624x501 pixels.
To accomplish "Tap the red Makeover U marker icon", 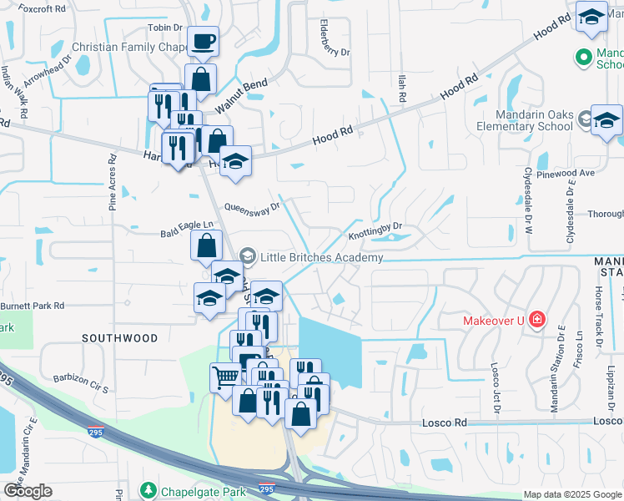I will [537, 319].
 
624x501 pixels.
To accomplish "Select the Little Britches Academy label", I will [321, 257].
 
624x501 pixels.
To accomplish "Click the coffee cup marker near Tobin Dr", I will [201, 42].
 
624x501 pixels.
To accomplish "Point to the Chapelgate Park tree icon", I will [148, 488].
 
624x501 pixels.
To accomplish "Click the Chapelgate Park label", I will [194, 488].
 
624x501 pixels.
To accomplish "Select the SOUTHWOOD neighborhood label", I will [119, 338].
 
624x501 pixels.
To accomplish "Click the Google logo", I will [28, 491].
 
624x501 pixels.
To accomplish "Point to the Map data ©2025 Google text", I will [571, 494].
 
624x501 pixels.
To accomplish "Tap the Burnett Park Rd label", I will [33, 306].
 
